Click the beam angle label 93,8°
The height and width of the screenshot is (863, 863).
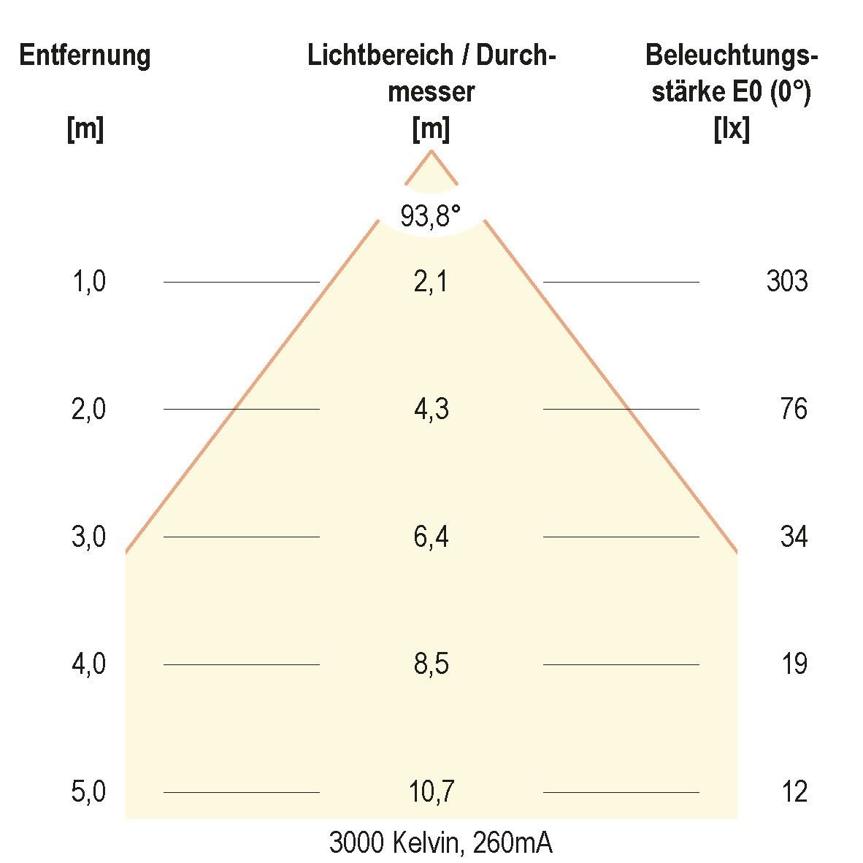click(431, 216)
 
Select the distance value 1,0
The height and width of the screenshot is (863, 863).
click(88, 281)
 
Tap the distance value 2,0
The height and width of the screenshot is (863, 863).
click(88, 409)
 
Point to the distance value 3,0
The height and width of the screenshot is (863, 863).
click(88, 537)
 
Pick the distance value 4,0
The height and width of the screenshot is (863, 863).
click(88, 664)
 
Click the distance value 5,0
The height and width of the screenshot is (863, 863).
click(88, 792)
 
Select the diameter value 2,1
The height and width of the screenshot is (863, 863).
click(431, 281)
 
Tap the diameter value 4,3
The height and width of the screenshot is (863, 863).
click(431, 409)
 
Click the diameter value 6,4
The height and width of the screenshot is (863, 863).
click(431, 537)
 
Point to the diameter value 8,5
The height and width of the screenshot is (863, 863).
click(431, 664)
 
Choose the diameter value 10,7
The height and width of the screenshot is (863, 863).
click(431, 792)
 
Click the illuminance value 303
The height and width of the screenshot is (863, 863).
click(786, 281)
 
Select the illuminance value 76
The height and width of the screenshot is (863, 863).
click(794, 409)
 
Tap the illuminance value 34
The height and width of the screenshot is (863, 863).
click(794, 537)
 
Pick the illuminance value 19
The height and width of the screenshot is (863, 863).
click(794, 664)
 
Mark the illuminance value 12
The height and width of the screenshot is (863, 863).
click(794, 792)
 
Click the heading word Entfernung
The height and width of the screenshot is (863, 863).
click(85, 56)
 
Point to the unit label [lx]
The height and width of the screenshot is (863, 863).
click(731, 130)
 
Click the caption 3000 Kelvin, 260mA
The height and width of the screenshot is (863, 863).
click(440, 843)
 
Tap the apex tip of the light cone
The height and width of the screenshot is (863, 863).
click(431, 151)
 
